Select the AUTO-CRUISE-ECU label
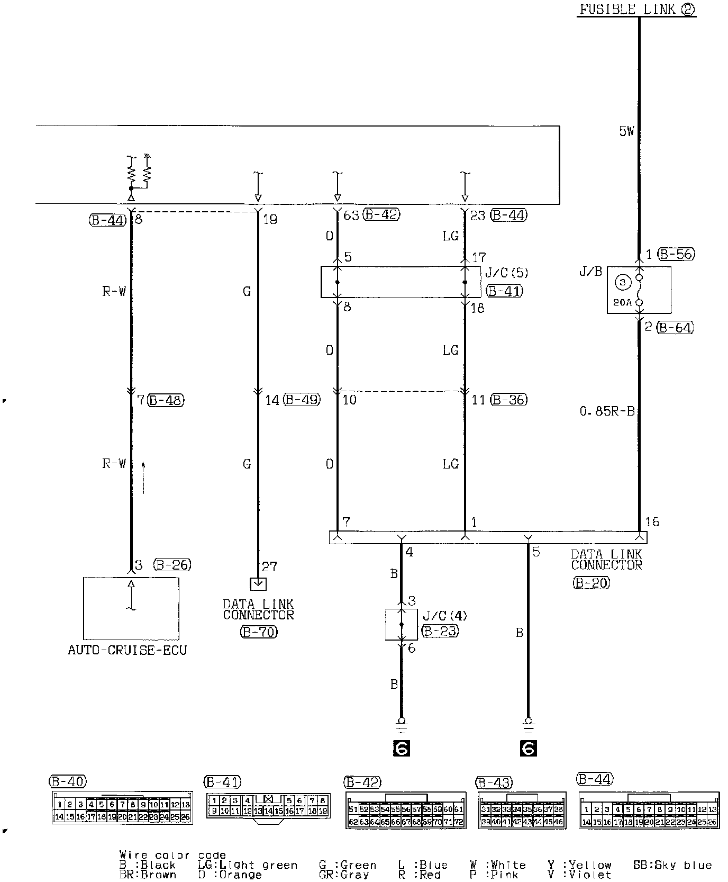(x=128, y=650)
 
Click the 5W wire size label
(x=626, y=131)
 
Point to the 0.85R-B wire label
(x=607, y=411)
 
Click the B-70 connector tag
(x=258, y=632)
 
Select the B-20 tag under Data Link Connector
(x=591, y=583)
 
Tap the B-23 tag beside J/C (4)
(x=440, y=631)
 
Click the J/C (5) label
(x=506, y=273)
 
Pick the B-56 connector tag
(x=676, y=254)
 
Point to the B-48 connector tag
(x=166, y=400)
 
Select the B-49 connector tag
(x=302, y=400)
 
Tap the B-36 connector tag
(x=508, y=400)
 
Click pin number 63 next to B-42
(x=351, y=215)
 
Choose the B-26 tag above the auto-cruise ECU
(x=172, y=565)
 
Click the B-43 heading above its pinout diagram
(x=495, y=782)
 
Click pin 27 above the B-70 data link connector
(x=269, y=567)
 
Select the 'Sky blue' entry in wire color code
(x=672, y=865)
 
